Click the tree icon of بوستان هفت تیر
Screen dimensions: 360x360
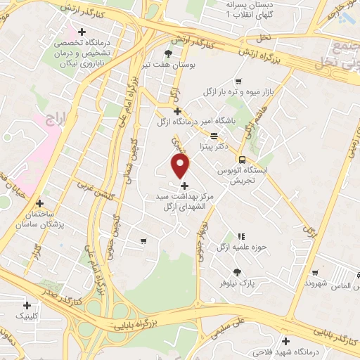[168, 53]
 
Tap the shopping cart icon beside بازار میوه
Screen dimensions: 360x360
[240, 81]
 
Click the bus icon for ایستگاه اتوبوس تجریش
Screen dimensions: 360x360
[243, 159]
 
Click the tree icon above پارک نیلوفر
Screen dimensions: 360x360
[237, 272]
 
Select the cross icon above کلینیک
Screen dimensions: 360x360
[27, 305]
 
